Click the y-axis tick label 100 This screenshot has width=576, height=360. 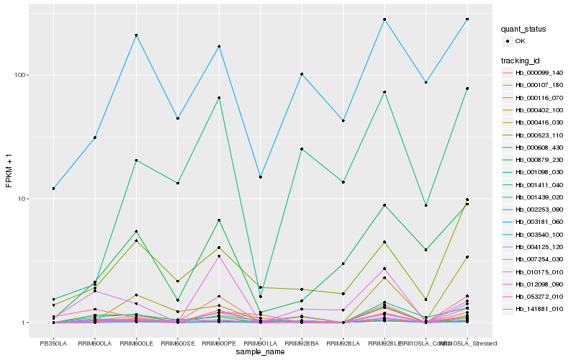[x=20, y=75]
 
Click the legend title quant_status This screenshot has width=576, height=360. [x=524, y=29]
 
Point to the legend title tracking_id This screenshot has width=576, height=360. [x=522, y=60]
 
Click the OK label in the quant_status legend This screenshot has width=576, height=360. [x=520, y=41]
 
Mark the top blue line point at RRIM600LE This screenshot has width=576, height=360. [x=136, y=35]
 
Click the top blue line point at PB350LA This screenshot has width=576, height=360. [x=53, y=189]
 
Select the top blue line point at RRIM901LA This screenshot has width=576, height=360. [x=261, y=176]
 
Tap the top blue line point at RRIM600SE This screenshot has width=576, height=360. [x=178, y=118]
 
